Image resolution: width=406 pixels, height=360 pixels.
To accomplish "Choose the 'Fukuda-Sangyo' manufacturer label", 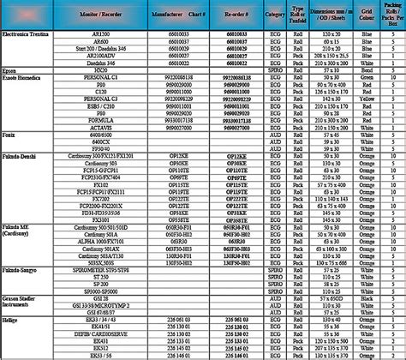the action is tap(23, 268).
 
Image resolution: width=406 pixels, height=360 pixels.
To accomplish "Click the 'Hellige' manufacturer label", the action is tap(13, 316).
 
